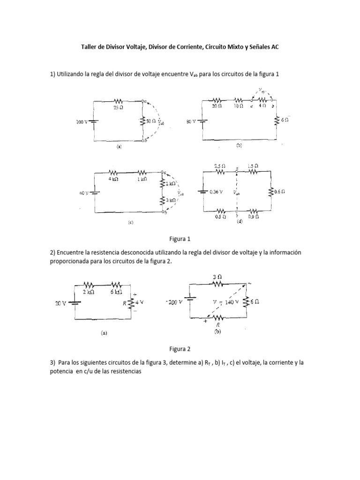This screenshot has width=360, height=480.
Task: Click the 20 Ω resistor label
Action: tap(216, 107)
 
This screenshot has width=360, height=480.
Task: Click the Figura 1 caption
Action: tap(180, 239)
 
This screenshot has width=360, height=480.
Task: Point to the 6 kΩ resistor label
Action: tap(116, 292)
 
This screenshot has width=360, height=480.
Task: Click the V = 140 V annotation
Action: tap(225, 302)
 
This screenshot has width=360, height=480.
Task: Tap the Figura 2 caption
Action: tap(180, 349)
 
